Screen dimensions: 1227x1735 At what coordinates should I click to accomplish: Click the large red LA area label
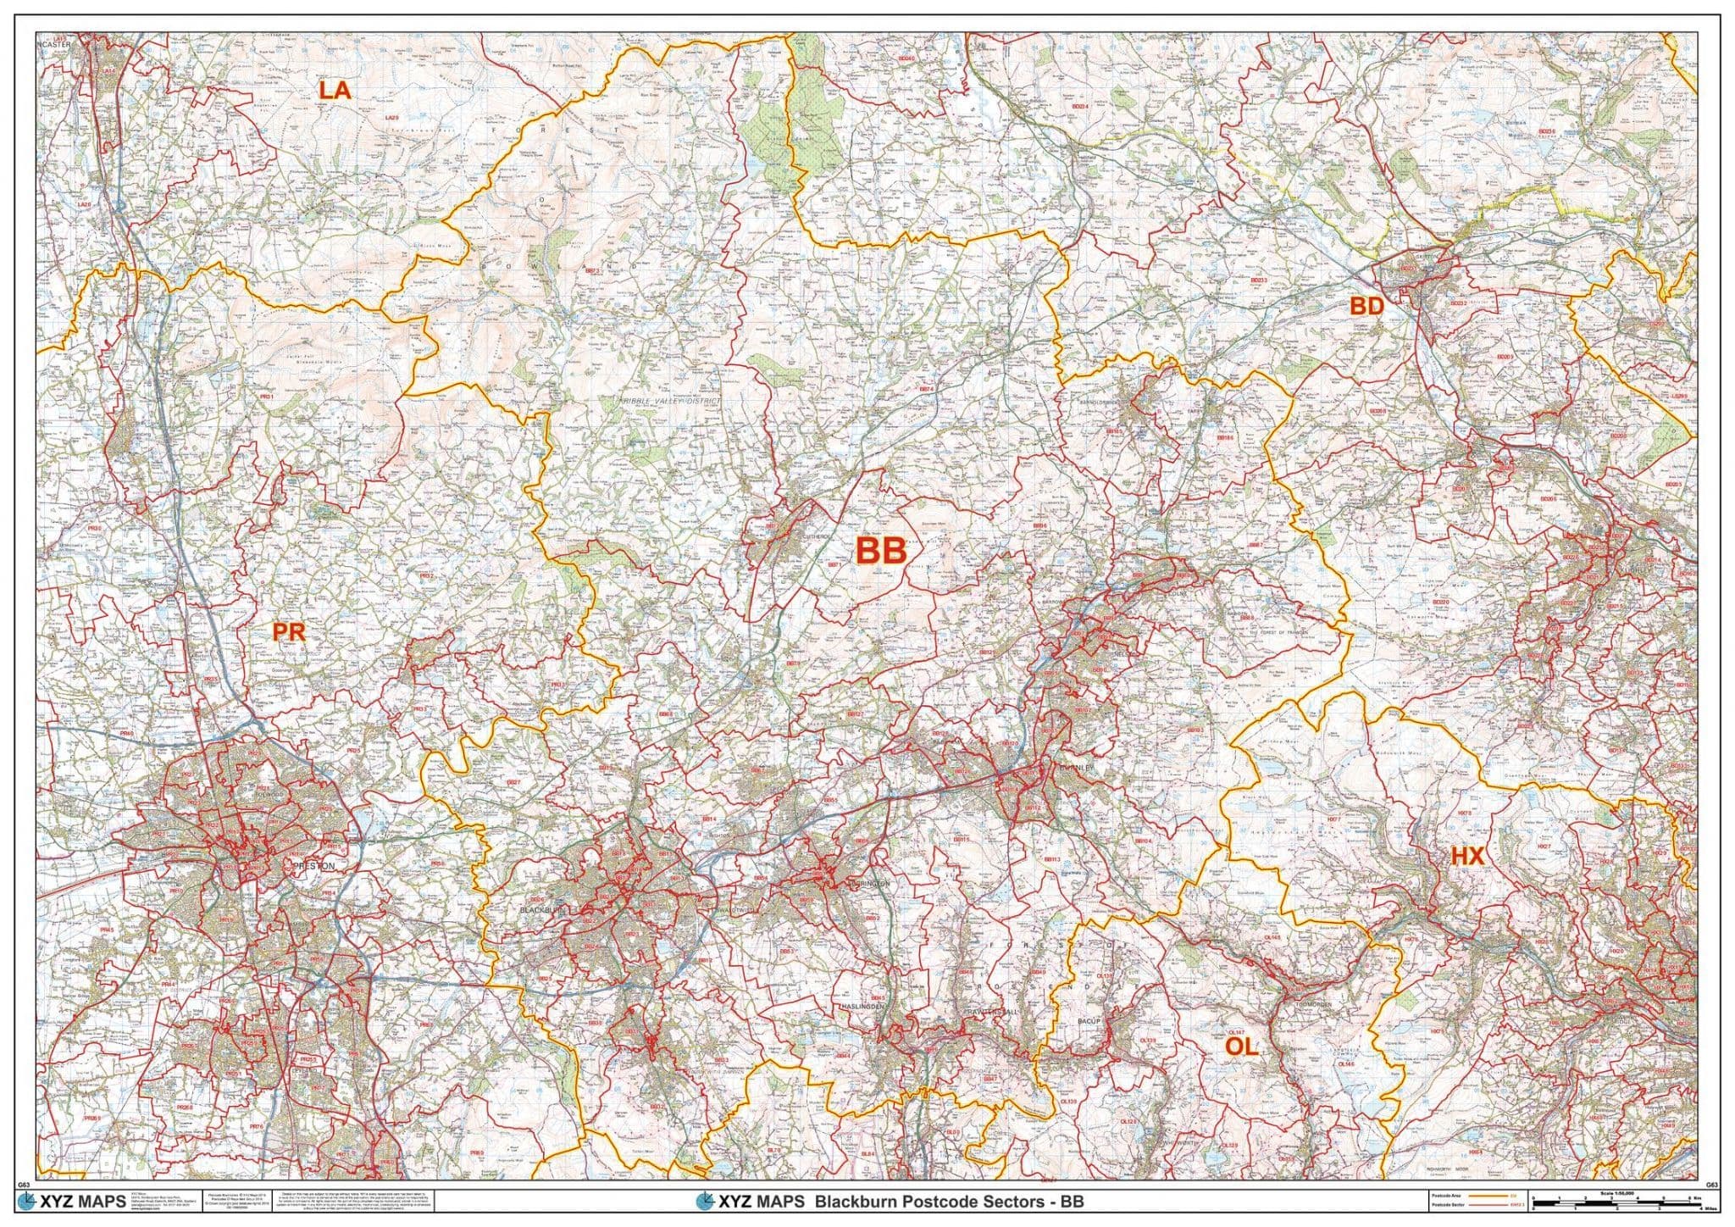tap(335, 90)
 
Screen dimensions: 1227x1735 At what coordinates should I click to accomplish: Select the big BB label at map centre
tap(881, 551)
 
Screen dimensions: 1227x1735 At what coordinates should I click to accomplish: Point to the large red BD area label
tap(1366, 306)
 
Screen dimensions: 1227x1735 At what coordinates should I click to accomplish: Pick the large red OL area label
tap(1241, 1047)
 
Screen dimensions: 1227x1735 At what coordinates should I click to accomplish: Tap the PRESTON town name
tap(313, 866)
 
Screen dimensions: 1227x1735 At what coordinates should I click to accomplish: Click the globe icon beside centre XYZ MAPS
tap(704, 1202)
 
